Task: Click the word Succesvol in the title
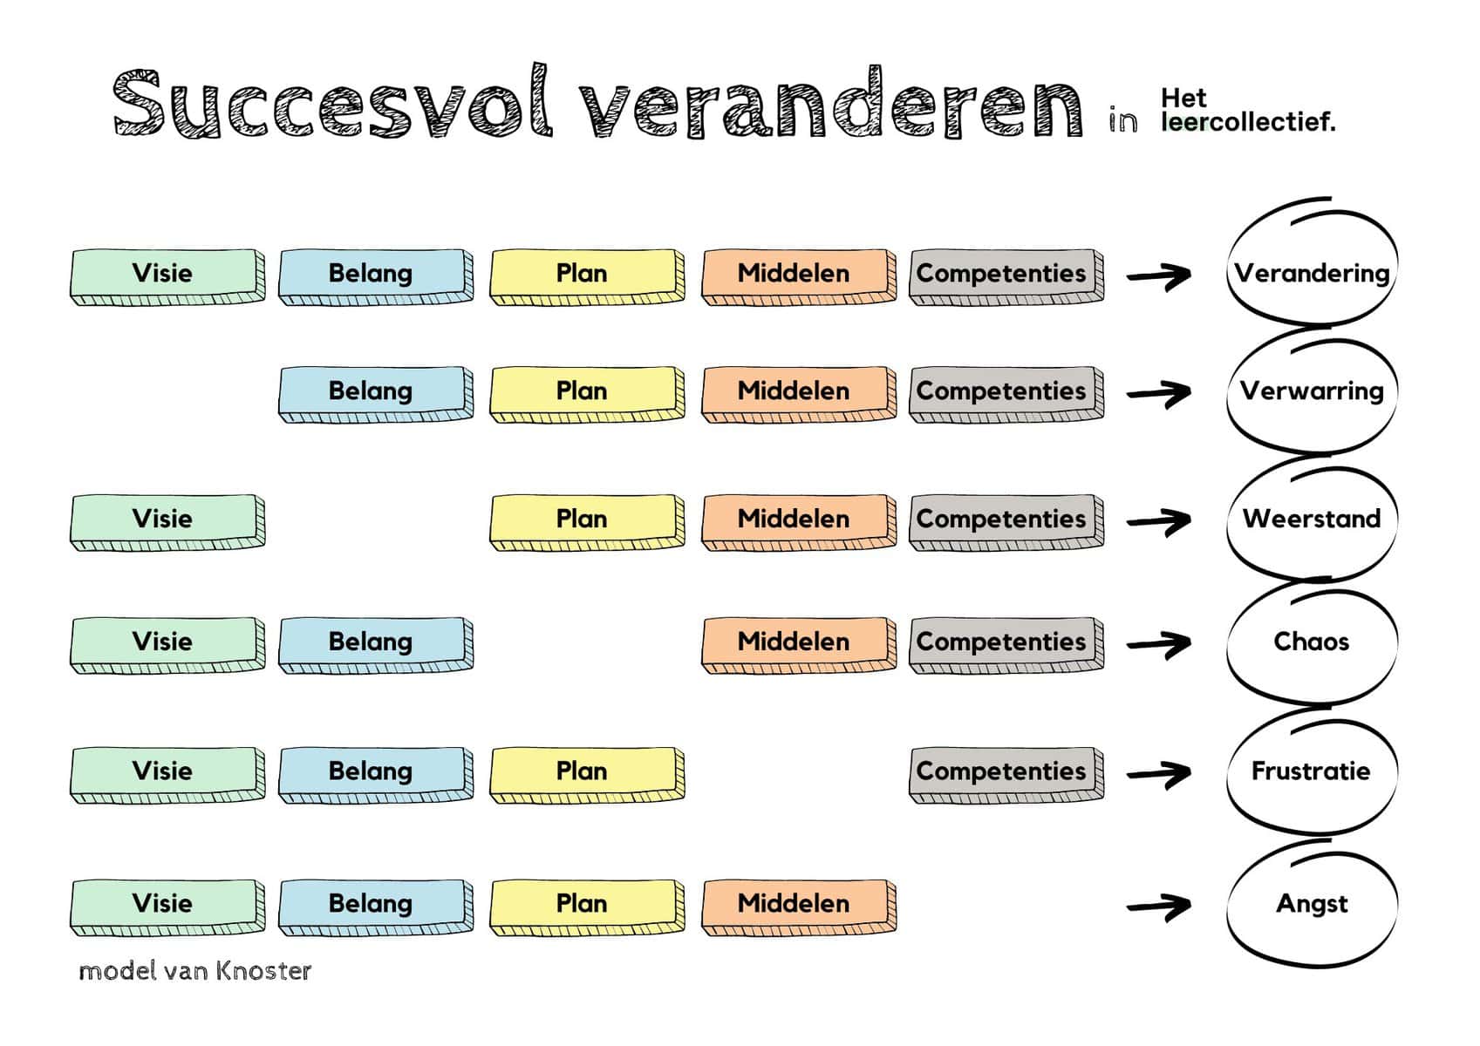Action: [x=331, y=105]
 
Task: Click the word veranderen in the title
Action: [x=833, y=105]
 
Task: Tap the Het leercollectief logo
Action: [x=1247, y=110]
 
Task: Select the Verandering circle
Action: [x=1311, y=273]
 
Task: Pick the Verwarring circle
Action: [x=1311, y=391]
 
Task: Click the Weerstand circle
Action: [x=1311, y=519]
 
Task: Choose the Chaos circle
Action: [x=1311, y=642]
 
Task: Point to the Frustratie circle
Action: [x=1311, y=771]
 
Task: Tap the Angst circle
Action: [x=1311, y=904]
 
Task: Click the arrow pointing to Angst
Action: [x=1159, y=907]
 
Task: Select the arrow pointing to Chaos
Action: [x=1159, y=644]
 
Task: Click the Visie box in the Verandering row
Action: [x=166, y=275]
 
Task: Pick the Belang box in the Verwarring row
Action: [x=374, y=392]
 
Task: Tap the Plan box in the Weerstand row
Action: [x=585, y=520]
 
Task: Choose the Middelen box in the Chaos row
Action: [x=797, y=643]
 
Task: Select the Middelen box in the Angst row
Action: [x=797, y=906]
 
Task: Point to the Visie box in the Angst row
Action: [x=166, y=906]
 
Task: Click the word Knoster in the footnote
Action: [x=263, y=971]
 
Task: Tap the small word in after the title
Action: [x=1123, y=120]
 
